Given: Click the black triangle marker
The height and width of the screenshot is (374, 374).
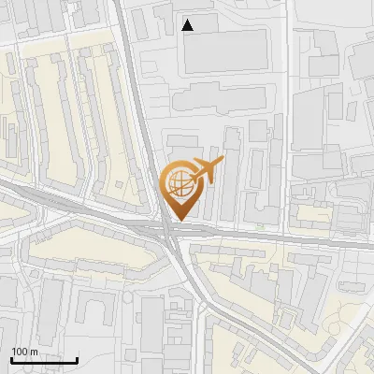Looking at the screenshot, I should pos(188,25).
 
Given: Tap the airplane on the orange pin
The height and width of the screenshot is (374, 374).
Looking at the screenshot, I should pos(204,170).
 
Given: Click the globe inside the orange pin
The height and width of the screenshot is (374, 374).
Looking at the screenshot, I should pos(179,181).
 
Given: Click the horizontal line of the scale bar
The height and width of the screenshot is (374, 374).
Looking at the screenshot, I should pos(44,360).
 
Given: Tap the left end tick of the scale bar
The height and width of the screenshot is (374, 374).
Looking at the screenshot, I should pos(11,358).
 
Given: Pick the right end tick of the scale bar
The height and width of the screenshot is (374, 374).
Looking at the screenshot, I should pos(77,358).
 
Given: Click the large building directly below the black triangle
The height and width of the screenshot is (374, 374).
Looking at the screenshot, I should pos(224,51).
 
